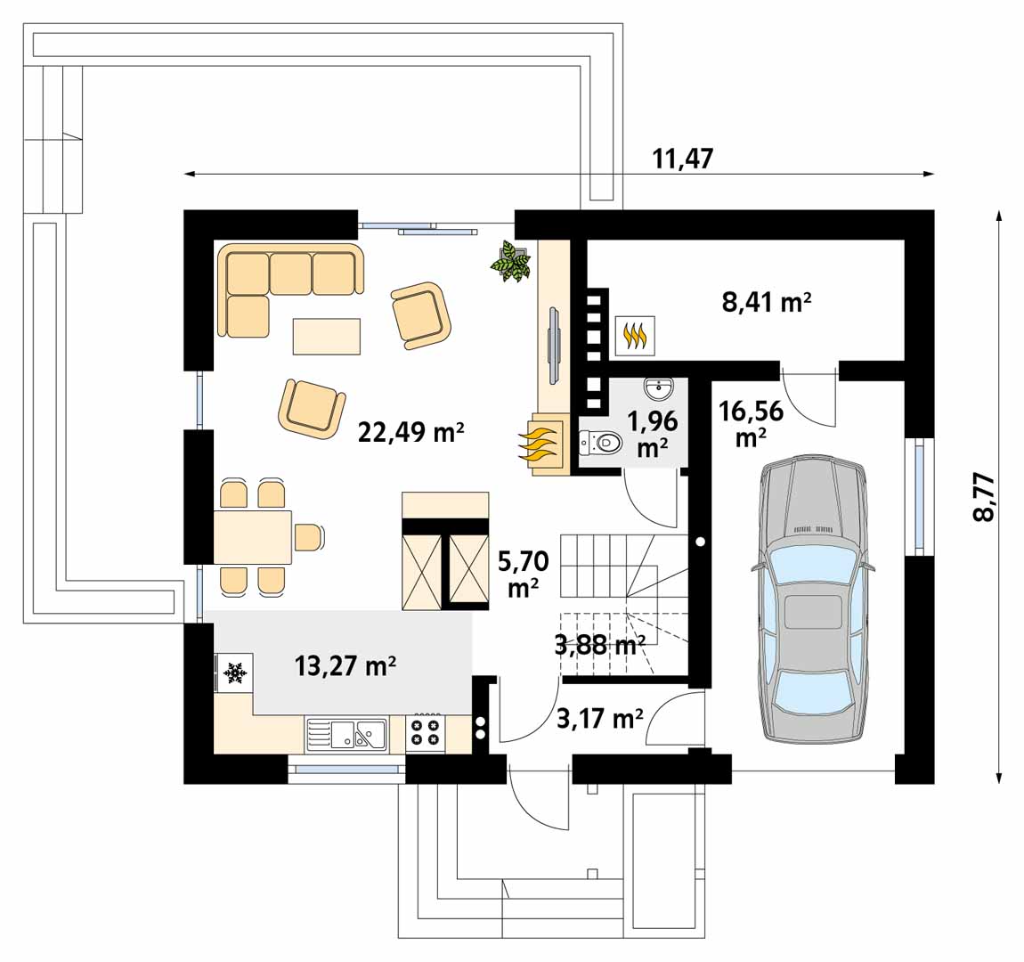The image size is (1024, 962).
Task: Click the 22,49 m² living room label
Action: [410, 432]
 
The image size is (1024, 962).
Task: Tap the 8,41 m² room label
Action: [767, 302]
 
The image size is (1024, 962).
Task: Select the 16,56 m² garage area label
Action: [751, 423]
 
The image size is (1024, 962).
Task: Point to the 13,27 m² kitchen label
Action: [345, 666]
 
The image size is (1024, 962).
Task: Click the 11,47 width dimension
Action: [683, 159]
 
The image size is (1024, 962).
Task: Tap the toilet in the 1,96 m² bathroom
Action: [601, 444]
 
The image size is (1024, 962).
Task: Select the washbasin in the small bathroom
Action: [658, 390]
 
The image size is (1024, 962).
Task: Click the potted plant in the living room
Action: [511, 261]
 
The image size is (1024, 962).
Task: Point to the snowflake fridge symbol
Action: [234, 672]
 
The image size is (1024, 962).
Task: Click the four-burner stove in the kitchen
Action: [425, 731]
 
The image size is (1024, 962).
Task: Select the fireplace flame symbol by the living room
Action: [540, 444]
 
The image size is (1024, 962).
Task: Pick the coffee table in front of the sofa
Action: [327, 337]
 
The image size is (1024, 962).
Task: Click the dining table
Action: [253, 537]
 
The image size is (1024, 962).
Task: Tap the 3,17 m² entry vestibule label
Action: [599, 719]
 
